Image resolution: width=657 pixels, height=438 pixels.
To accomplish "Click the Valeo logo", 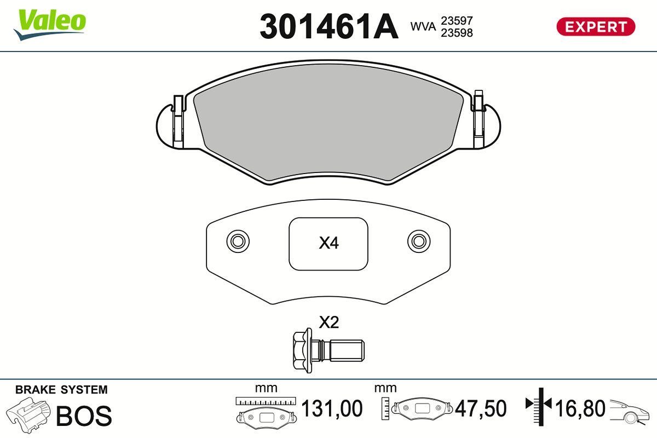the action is [50, 25].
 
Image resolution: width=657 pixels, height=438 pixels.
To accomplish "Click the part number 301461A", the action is [329, 26].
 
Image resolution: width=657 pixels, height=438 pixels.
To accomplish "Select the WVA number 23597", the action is [457, 21].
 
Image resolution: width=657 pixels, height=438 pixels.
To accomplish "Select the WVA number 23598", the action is [457, 33].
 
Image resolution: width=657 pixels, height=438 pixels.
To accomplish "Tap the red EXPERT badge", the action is [596, 27].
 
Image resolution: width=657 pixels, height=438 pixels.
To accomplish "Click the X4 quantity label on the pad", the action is [329, 243].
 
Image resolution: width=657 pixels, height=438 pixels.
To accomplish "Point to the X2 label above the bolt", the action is [329, 322].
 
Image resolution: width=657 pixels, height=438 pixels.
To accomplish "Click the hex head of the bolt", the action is [302, 350].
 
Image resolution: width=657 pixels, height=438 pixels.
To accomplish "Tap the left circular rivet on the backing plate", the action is [238, 241].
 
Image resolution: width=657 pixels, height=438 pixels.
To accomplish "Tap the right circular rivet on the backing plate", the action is [419, 241].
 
